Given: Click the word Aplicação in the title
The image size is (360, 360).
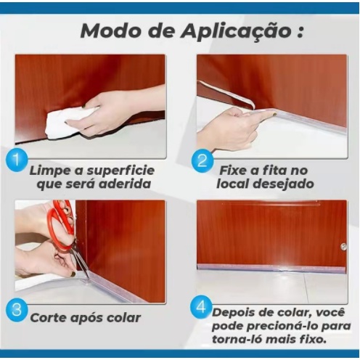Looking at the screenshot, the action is coord(236,31).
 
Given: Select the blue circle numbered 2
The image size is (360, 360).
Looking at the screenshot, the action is coord(202,160).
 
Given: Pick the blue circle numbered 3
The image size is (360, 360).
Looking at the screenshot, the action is coord(17,310).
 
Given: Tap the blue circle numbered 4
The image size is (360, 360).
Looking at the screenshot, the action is coord(201,308).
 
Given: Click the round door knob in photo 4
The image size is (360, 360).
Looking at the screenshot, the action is coord(343,247).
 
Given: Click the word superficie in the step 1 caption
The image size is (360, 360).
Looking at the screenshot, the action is coord(120,171).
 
